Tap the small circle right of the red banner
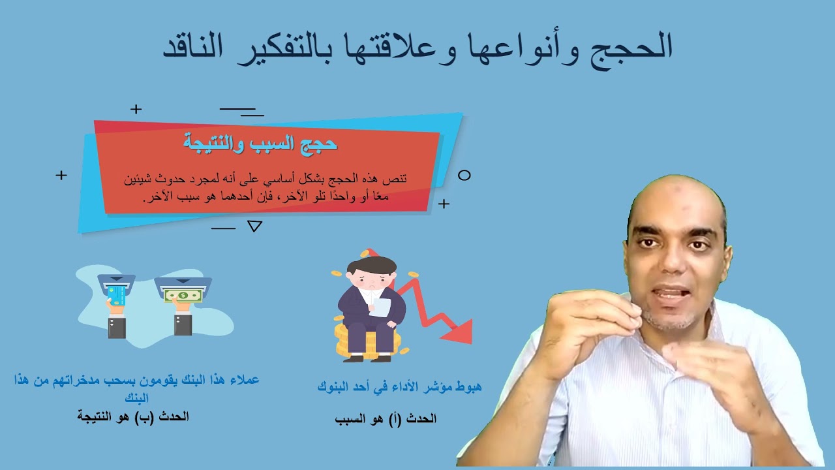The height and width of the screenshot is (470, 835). (464, 175)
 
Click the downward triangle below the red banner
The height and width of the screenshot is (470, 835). (255, 227)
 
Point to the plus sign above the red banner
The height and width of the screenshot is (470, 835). (136, 109)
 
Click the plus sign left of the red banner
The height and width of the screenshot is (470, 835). (61, 175)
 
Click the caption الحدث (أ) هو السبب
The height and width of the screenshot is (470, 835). (385, 418)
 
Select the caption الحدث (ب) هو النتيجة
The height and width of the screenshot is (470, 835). (133, 416)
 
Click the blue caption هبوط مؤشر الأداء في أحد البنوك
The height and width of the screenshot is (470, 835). (399, 386)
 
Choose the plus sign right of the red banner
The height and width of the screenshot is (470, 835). (444, 204)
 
